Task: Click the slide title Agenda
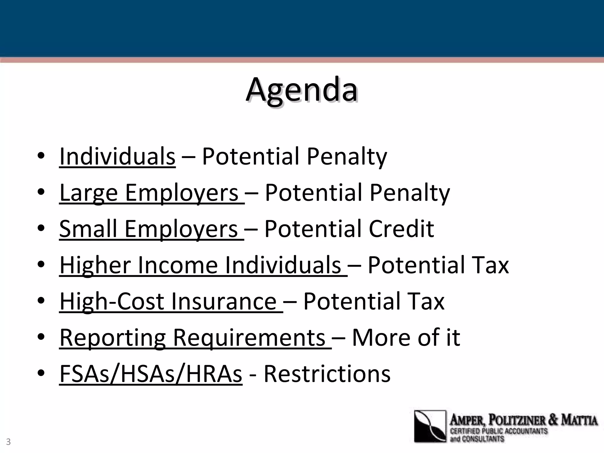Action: pos(302,90)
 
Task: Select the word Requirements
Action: pos(249,338)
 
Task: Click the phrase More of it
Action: pos(406,337)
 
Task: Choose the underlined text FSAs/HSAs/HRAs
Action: pos(151,374)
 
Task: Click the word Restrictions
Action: pos(327,374)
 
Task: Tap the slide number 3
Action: pos(8,442)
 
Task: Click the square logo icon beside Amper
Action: pos(430,426)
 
